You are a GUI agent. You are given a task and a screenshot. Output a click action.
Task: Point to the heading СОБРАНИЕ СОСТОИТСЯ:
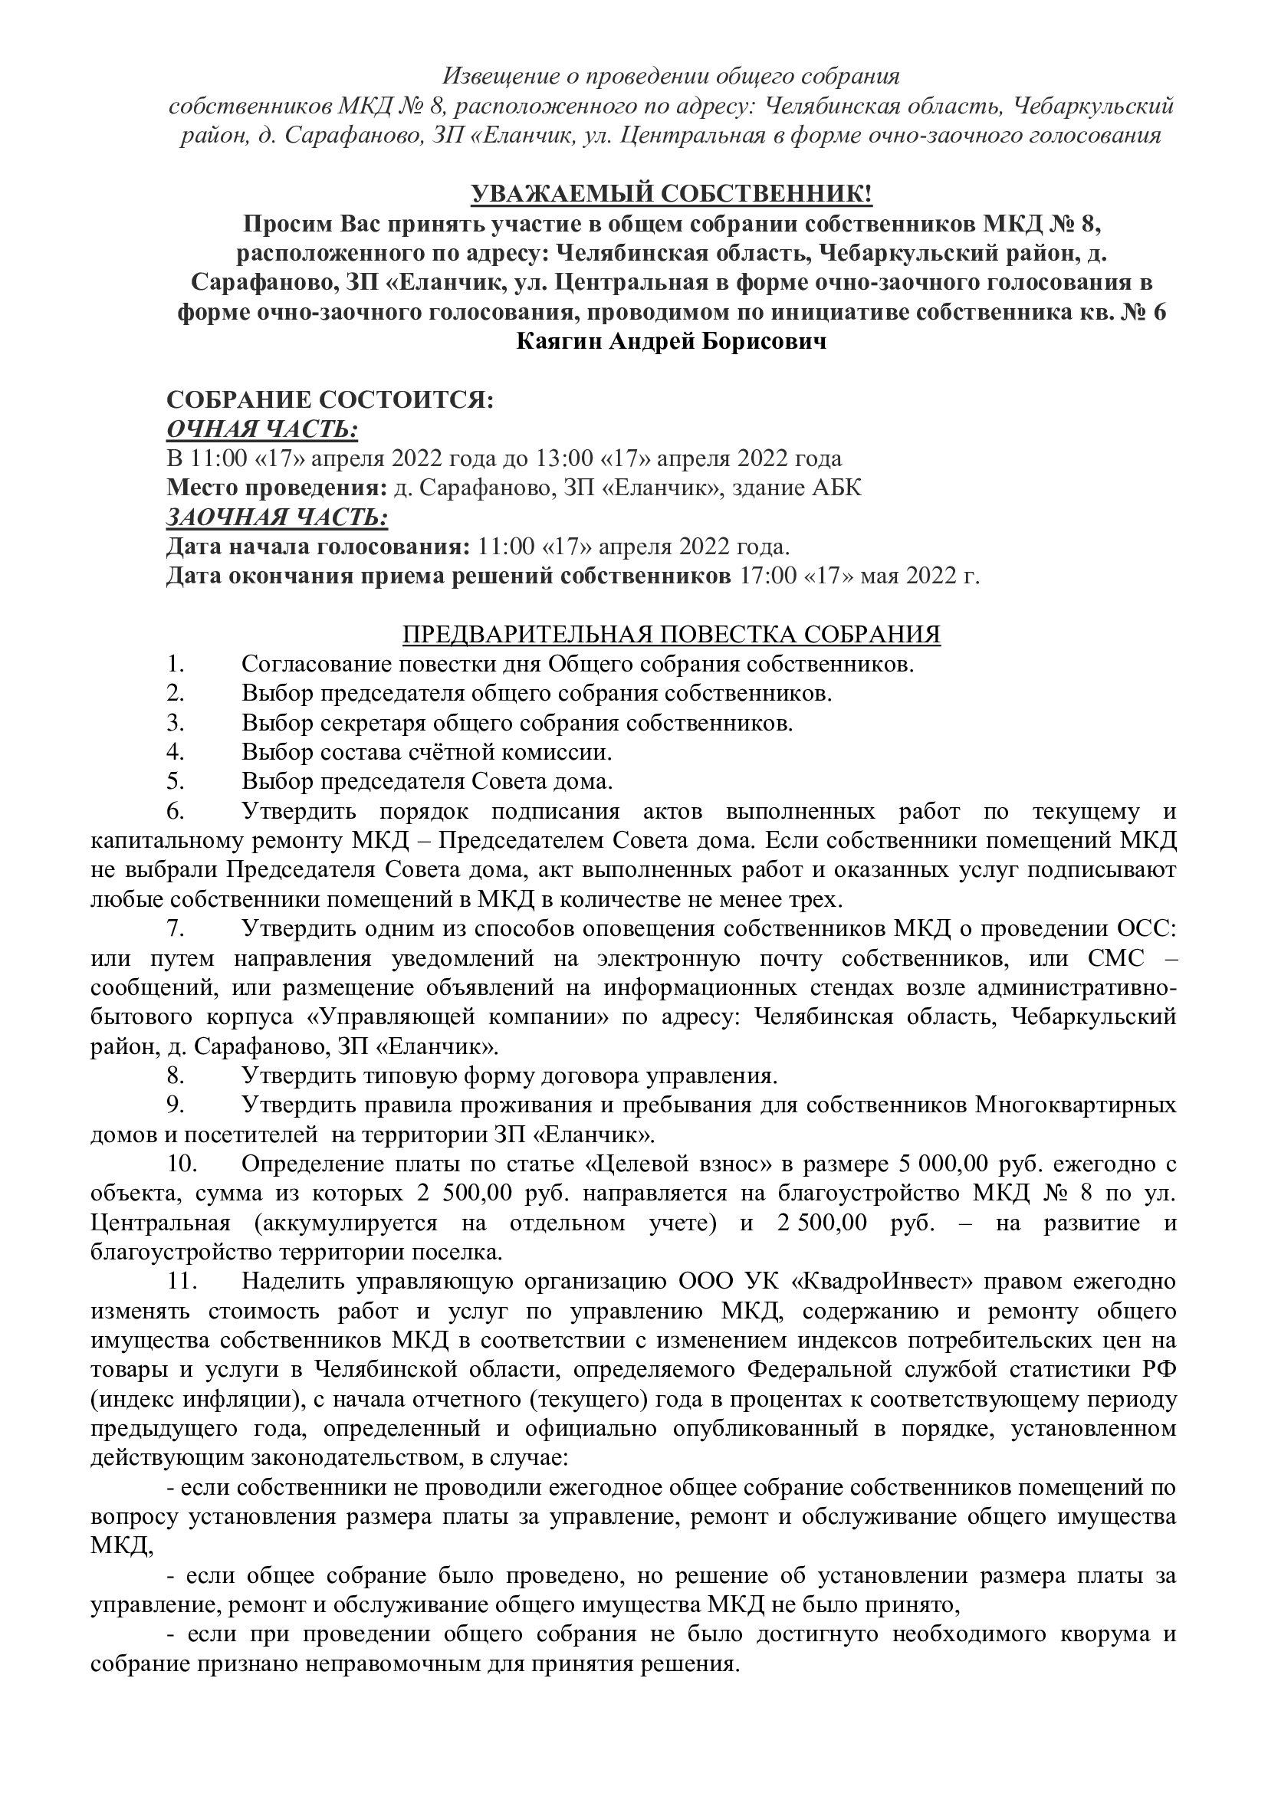click(x=330, y=400)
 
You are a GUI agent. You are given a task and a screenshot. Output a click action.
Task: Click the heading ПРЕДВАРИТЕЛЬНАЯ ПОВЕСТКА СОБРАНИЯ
click(x=672, y=635)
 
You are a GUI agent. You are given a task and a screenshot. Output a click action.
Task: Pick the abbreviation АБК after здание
click(x=838, y=488)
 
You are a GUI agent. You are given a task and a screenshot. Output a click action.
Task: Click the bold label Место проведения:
click(x=278, y=488)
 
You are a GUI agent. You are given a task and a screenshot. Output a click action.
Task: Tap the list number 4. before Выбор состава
click(x=175, y=752)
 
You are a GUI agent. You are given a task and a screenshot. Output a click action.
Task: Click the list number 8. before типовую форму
click(x=175, y=1076)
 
